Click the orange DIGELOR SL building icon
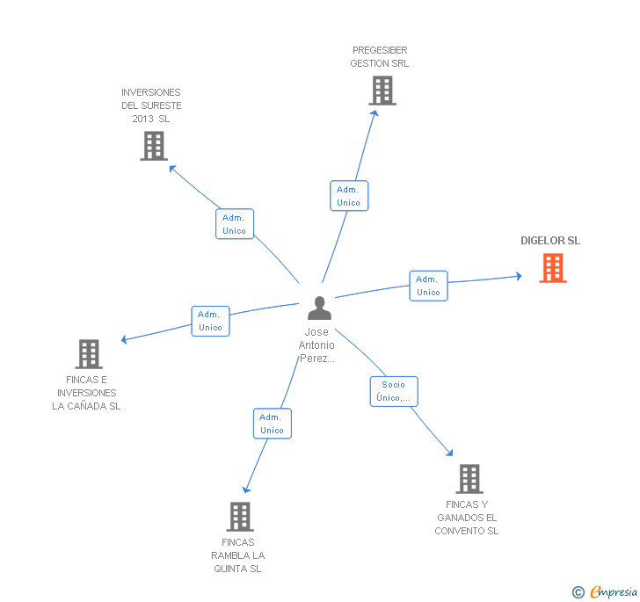(553, 268)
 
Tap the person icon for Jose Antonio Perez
(319, 308)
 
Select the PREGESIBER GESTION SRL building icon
(382, 91)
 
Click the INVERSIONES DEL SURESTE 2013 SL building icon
(154, 146)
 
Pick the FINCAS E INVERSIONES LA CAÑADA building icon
(89, 354)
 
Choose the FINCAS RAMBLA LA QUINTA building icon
(240, 517)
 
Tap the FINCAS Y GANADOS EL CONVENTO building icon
(469, 479)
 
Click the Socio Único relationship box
(394, 391)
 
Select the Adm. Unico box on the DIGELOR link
(428, 286)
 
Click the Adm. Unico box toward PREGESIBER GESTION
(349, 196)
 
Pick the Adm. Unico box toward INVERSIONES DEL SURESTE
(235, 224)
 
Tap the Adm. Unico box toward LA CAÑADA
(210, 321)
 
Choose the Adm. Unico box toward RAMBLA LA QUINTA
(272, 424)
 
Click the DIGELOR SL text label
(550, 241)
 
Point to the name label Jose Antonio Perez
(316, 345)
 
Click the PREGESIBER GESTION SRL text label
(380, 57)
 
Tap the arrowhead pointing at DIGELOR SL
(519, 277)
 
